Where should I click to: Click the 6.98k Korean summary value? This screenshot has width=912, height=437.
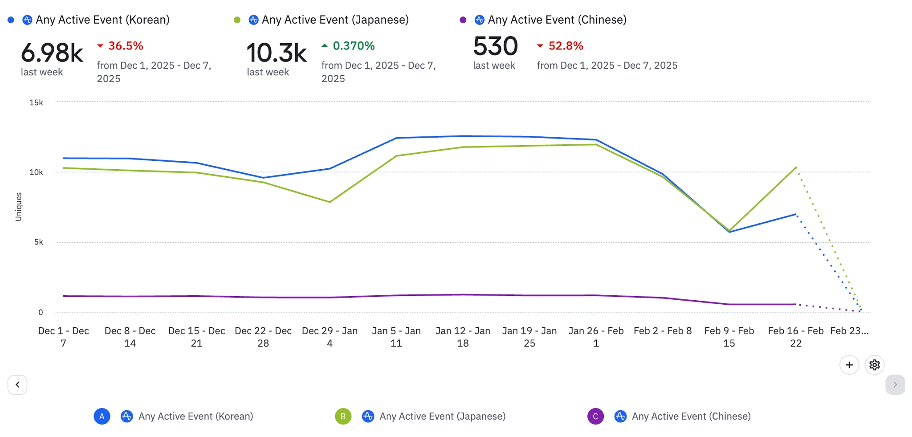[x=52, y=53]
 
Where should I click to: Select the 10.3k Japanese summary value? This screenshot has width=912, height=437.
[x=276, y=53]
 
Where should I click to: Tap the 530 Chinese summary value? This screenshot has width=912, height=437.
[x=495, y=46]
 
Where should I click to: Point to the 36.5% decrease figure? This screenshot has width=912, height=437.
[x=126, y=46]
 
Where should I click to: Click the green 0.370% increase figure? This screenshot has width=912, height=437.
[x=354, y=46]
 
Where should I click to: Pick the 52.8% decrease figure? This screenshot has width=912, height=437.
[x=566, y=46]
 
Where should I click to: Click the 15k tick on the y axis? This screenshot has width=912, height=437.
[x=36, y=102]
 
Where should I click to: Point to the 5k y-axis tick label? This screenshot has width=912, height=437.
[x=39, y=242]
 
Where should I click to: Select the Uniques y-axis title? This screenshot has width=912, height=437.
[x=18, y=207]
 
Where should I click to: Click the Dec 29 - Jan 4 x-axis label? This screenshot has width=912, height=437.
[x=330, y=337]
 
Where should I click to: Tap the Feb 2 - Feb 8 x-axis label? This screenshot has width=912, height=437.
[x=663, y=331]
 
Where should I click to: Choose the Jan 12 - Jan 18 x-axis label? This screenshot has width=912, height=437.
[x=463, y=337]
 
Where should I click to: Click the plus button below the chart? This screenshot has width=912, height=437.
[x=849, y=365]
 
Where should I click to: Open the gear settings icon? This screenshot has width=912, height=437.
[x=875, y=365]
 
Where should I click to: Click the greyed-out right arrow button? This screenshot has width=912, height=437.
[x=895, y=385]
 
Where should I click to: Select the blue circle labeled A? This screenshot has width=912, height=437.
[x=102, y=417]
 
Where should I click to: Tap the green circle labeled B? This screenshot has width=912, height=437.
[x=343, y=417]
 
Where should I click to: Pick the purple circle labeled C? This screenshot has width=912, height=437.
[x=595, y=417]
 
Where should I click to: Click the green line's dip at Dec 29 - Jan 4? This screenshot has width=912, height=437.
[x=330, y=202]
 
